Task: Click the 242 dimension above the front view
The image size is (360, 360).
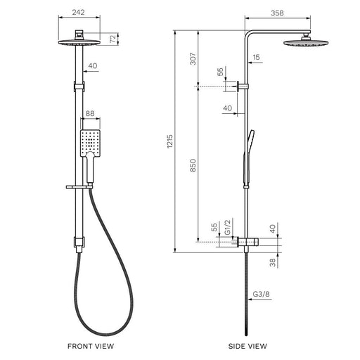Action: point(78,12)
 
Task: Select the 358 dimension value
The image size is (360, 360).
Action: point(277,13)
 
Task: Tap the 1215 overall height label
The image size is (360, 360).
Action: point(170,141)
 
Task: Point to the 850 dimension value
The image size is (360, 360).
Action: point(193,165)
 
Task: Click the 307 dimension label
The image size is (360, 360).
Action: point(193,58)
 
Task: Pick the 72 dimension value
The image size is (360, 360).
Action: point(113,39)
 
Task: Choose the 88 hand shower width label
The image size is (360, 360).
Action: point(90,113)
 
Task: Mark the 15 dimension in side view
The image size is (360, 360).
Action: point(257,57)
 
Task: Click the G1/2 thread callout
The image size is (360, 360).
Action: point(228,226)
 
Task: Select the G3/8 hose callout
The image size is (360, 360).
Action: point(262,294)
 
